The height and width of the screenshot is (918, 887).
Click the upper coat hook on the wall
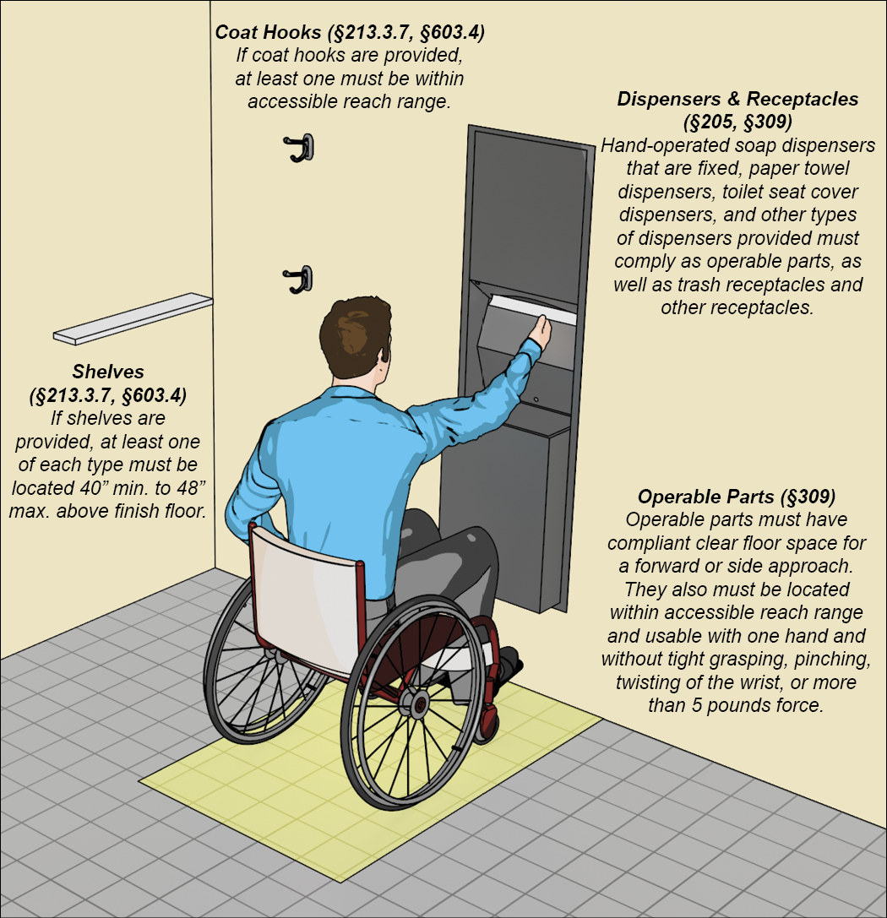[x=300, y=147]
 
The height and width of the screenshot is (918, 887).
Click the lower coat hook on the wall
[x=299, y=280]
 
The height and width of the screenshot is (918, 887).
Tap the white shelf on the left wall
[x=133, y=318]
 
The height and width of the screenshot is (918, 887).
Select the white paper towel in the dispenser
[x=532, y=310]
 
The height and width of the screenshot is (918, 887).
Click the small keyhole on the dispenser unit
[x=535, y=399]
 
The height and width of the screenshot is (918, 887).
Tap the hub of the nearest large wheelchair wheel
[x=419, y=704]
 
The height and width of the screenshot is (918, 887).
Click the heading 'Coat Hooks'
[x=268, y=32]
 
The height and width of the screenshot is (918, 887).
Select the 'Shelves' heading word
[x=108, y=372]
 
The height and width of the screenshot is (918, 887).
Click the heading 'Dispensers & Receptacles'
[x=737, y=98]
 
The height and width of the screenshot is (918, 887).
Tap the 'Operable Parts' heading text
[x=705, y=497]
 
